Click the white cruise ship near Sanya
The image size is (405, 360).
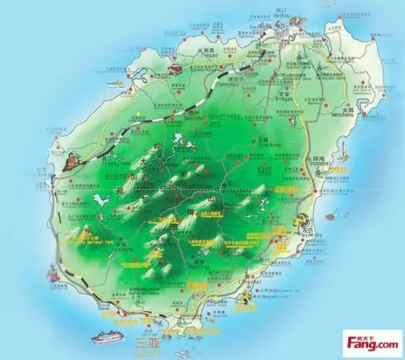point(107,338)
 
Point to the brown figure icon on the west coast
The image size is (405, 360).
point(68,163)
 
